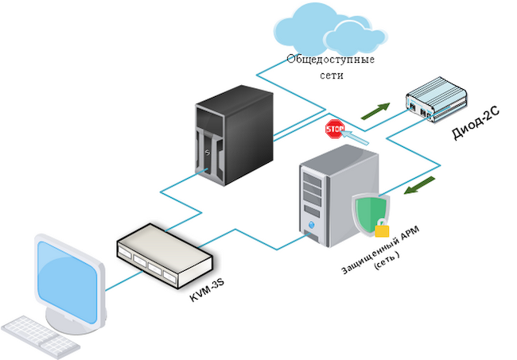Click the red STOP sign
pyautogui.click(x=334, y=128)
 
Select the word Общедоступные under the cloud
pyautogui.click(x=331, y=60)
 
